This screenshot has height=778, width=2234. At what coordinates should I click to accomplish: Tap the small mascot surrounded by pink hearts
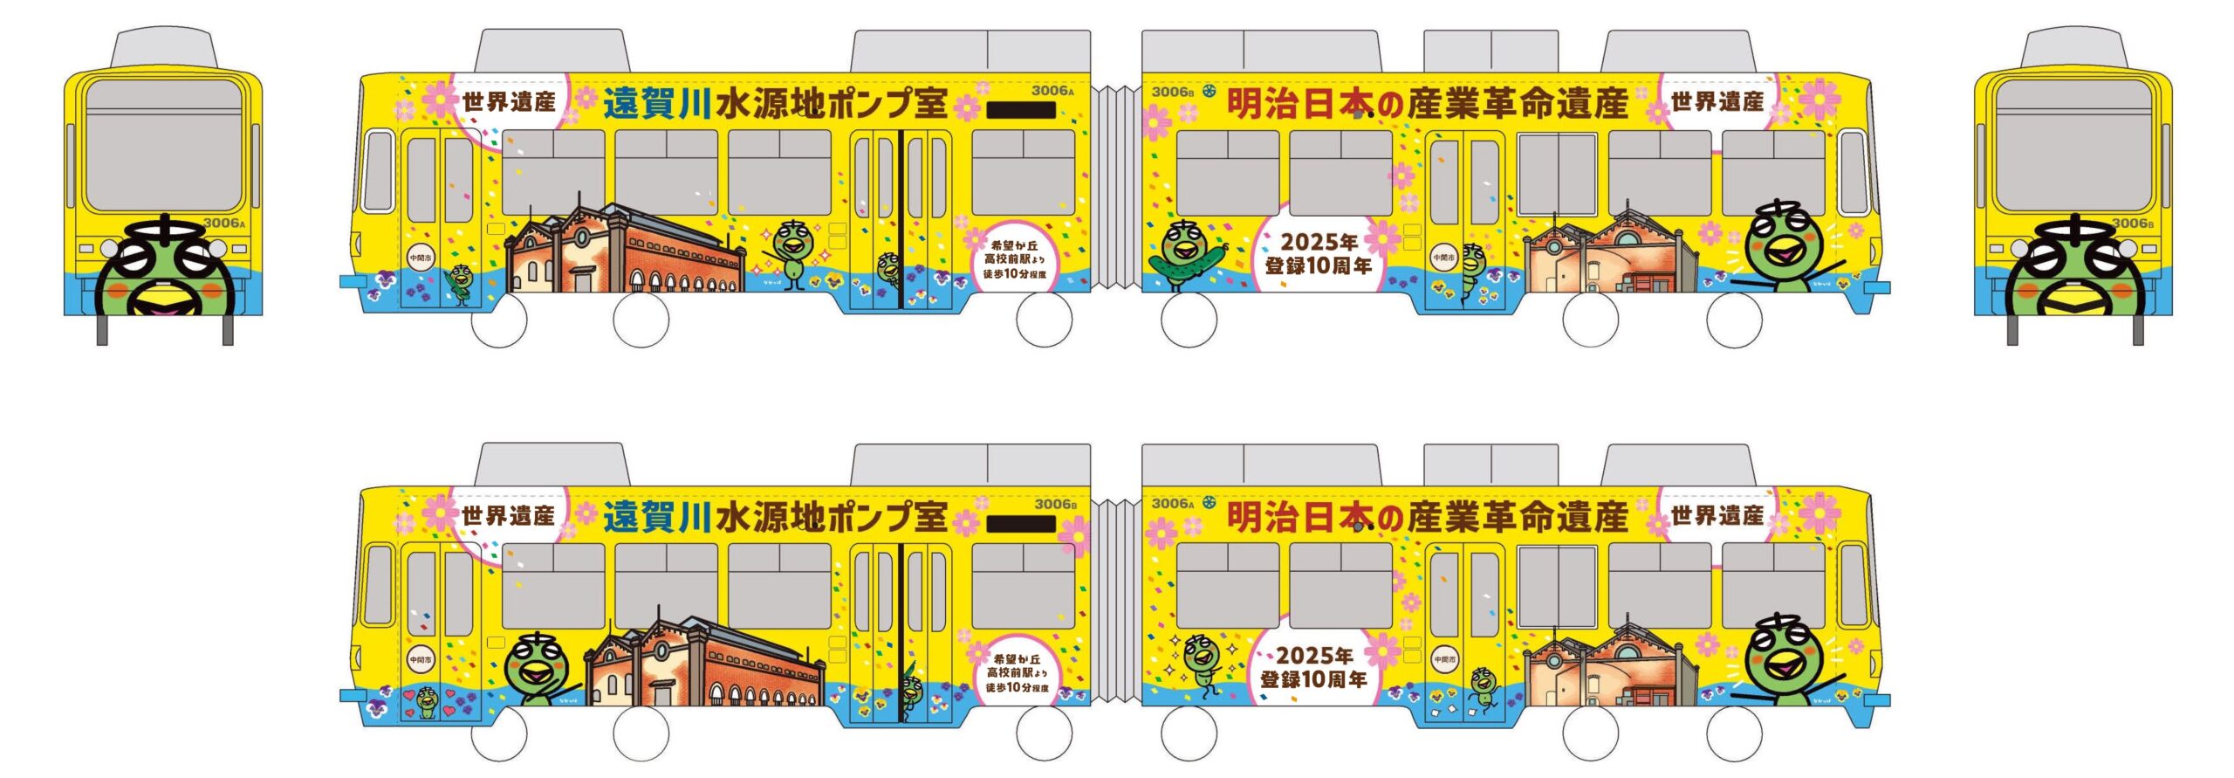[x=427, y=701]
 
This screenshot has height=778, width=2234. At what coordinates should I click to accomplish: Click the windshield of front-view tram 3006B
[x=2073, y=144]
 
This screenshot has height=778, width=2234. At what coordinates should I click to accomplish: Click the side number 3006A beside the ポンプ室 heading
[x=1052, y=91]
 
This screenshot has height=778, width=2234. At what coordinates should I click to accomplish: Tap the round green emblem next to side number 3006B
[x=1209, y=91]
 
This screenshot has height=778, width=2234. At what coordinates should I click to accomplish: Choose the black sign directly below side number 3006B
[x=1021, y=524]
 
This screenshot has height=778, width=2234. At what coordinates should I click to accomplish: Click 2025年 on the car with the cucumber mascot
[x=1318, y=242]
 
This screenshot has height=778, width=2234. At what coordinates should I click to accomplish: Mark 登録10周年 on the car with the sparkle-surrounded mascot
[x=1313, y=679]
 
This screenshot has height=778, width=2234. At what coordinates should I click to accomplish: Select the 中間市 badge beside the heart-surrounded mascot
[x=421, y=661]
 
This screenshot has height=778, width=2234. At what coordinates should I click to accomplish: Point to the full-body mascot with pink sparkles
[x=791, y=253]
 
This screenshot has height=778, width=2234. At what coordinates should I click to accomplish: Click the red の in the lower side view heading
[x=1389, y=518]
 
